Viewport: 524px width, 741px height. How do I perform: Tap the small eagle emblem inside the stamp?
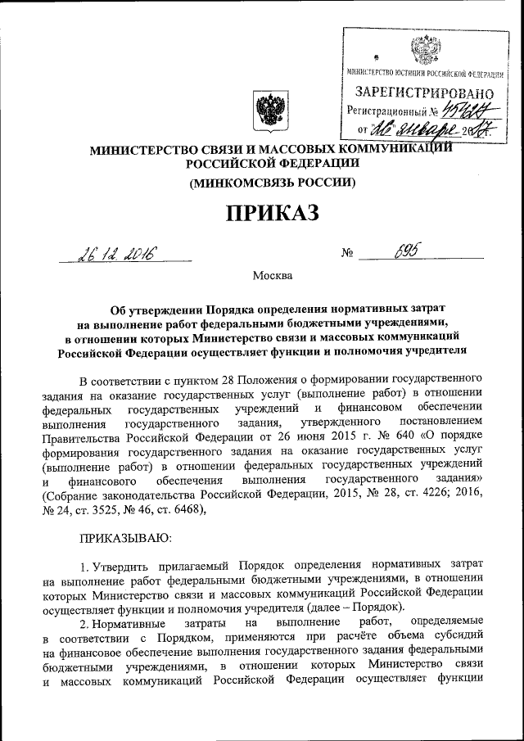click(x=423, y=51)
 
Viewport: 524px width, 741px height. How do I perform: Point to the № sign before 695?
click(x=347, y=255)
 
